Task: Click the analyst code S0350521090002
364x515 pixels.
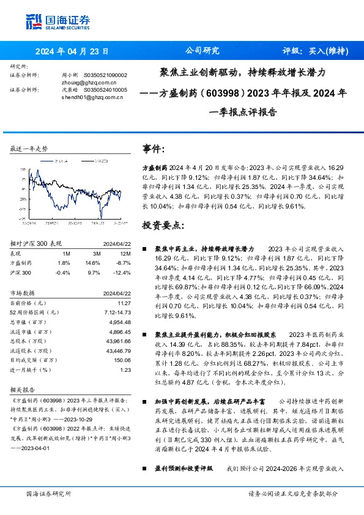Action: coord(105,75)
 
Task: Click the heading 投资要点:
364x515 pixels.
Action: coord(163,225)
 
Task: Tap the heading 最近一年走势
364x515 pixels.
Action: coord(29,149)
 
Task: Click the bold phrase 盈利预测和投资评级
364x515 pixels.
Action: coord(184,468)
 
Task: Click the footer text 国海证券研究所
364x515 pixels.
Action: coord(49,494)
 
